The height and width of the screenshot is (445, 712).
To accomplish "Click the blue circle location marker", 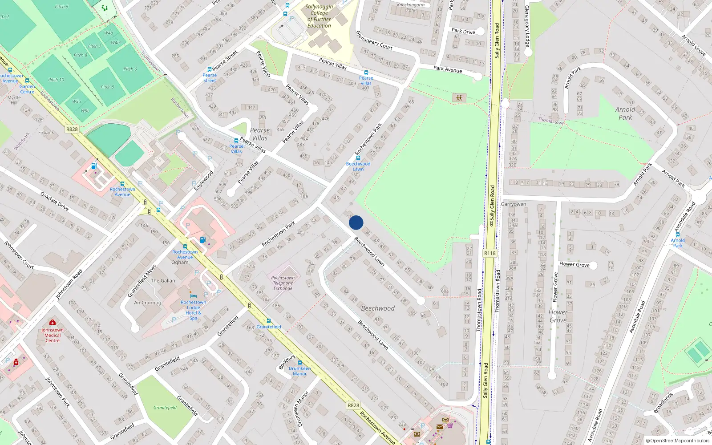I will (356, 222).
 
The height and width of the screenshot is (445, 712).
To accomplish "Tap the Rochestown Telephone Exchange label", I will (283, 283).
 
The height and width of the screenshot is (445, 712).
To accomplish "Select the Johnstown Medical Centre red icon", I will (53, 322).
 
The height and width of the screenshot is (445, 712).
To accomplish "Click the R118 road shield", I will (489, 253).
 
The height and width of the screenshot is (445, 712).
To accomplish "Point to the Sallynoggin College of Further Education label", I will (319, 16).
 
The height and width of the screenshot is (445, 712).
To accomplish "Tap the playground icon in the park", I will (459, 97).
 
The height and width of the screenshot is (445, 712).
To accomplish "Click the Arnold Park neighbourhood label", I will (625, 113).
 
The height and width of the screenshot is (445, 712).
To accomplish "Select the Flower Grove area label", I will (558, 316).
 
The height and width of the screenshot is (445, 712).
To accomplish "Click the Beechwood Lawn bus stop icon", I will (358, 158).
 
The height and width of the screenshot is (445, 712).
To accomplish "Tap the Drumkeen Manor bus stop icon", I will (299, 363).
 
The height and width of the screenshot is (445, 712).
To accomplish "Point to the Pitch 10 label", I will (56, 80).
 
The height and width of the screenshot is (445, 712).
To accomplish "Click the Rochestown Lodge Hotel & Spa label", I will (193, 310).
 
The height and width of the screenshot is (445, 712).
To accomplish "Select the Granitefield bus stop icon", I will (268, 321).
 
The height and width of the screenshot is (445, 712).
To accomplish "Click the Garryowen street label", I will (514, 204).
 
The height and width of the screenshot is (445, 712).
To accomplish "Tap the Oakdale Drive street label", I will (55, 201).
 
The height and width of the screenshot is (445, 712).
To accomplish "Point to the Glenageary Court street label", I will (374, 40).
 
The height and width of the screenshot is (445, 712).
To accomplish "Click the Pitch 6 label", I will (130, 69).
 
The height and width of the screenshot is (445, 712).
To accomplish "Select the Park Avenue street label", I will (448, 69).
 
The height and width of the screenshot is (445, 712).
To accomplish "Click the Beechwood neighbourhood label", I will (378, 308).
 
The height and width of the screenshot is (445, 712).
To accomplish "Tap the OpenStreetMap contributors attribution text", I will (678, 441).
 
